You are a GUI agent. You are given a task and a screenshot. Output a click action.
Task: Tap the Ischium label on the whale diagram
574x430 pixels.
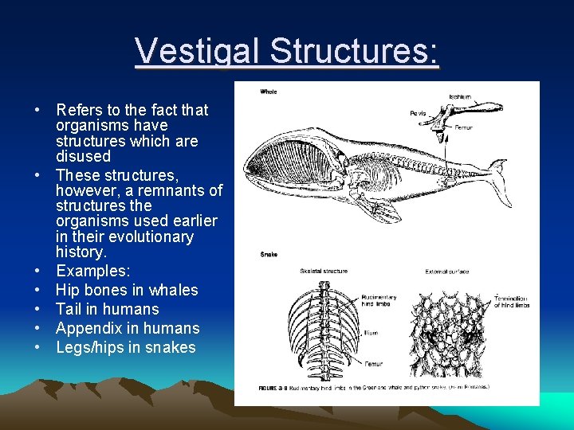pos(460,97)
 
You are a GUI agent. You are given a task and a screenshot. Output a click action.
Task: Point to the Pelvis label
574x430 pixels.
pos(419,114)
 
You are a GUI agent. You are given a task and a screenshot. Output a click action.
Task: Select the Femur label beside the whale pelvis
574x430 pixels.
pos(464,127)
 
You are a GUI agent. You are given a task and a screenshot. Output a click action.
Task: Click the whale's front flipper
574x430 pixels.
pos(381,209)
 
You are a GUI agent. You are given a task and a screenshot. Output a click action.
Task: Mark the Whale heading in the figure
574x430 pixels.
pos(269,92)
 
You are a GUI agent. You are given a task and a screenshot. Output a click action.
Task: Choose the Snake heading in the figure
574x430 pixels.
pos(269,255)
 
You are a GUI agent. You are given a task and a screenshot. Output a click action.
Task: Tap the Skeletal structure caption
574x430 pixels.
pos(324,272)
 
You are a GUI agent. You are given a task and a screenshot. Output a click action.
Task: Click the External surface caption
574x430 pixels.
pos(446,272)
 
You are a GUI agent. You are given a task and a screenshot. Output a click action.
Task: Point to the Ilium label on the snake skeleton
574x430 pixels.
pos(371,333)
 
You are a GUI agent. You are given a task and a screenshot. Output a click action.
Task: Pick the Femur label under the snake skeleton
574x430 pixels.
pos(374,364)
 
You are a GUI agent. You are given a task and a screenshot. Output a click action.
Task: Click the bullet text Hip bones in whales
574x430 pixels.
pos(127,290)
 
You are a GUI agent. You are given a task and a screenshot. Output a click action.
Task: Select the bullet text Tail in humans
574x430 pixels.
pos(107,309)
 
